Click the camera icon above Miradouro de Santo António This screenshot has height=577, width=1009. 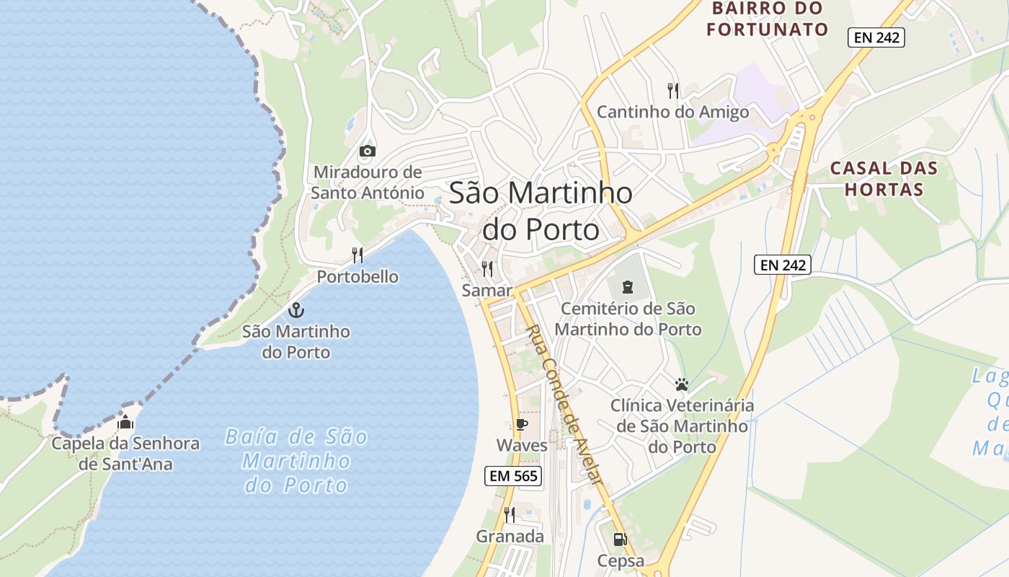(368, 151)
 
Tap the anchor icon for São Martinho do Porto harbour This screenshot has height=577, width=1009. (295, 310)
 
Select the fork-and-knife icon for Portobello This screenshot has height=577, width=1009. (357, 255)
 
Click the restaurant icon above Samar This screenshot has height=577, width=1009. (487, 269)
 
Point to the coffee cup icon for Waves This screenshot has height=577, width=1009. (521, 424)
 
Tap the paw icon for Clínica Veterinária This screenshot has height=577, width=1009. (682, 384)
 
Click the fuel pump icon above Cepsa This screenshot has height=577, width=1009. (619, 539)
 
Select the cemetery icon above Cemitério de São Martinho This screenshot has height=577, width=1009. (628, 287)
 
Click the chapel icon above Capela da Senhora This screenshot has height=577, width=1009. (125, 422)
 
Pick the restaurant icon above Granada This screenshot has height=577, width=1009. (510, 514)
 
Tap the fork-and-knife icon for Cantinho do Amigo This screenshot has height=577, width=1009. (673, 90)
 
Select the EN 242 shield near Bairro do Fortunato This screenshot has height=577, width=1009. (876, 38)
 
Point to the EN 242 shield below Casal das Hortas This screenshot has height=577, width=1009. (783, 265)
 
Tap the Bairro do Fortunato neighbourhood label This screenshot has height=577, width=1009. (767, 19)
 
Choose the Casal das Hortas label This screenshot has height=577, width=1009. (884, 179)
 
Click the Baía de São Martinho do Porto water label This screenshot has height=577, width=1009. (296, 461)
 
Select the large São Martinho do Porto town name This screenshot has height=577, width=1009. (541, 211)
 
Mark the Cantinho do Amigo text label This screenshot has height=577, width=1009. (673, 113)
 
